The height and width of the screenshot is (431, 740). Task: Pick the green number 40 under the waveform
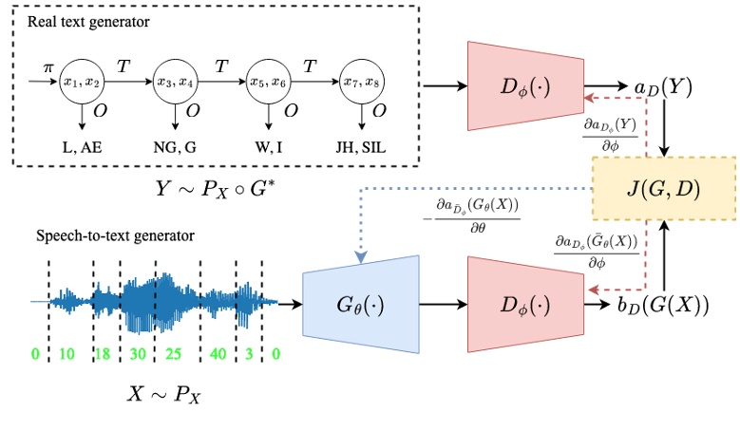click(218, 354)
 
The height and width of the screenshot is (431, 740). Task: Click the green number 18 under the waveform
click(103, 354)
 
